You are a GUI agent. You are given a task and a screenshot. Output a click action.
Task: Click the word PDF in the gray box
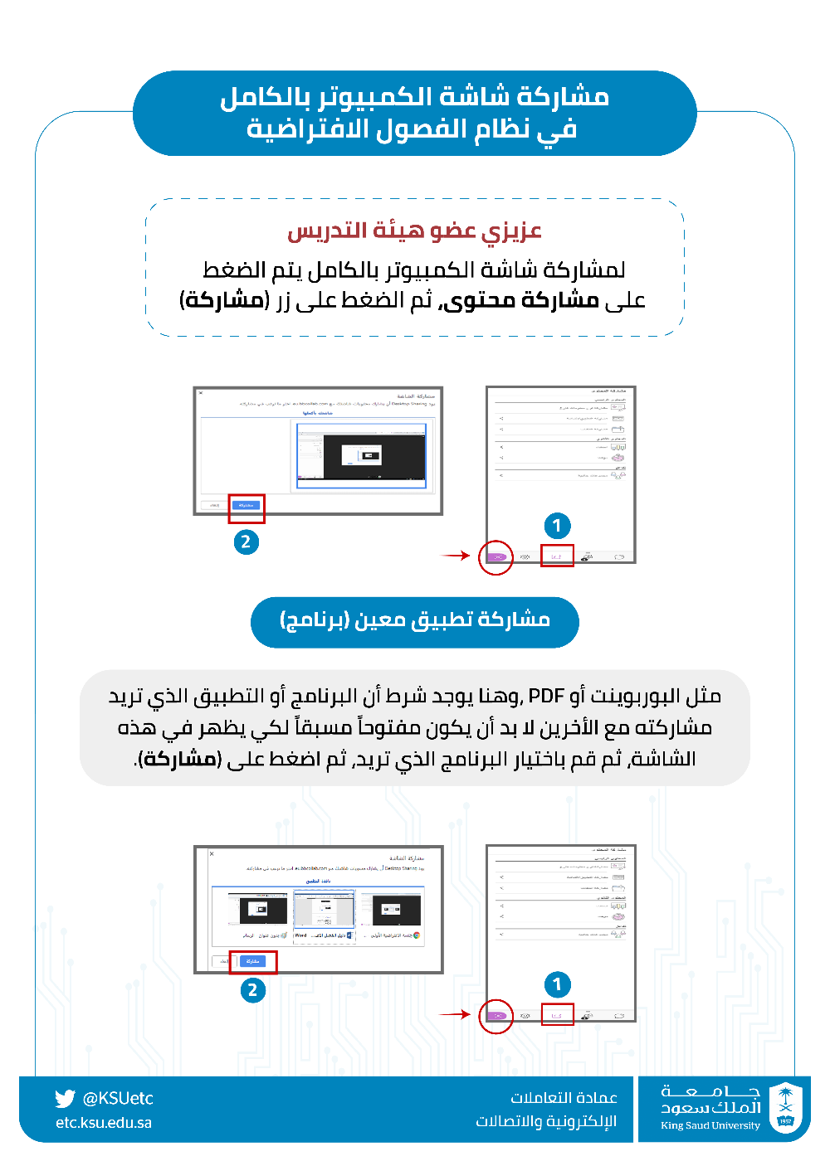pos(545,696)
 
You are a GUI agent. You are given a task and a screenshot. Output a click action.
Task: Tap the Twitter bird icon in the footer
pos(65,1099)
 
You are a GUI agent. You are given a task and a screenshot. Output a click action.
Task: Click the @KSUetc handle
pos(118,1099)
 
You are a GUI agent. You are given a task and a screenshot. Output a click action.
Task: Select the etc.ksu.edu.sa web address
pos(104,1123)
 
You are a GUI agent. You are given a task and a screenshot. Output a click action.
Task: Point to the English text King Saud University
pos(710,1125)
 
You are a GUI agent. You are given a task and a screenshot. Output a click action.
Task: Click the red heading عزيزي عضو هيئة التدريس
pos(414,231)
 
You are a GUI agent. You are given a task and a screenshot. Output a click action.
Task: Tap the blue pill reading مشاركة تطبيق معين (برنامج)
pos(414,621)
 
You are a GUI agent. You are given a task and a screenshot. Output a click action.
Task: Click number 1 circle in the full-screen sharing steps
pos(557,525)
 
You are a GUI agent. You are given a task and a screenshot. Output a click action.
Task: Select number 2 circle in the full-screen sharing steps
pos(246,542)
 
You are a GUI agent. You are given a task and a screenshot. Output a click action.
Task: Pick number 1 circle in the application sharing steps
pos(557,984)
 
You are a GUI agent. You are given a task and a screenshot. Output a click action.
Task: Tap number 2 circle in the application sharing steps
pos(252,990)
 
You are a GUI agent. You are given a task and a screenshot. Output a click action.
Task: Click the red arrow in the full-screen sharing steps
pos(456,556)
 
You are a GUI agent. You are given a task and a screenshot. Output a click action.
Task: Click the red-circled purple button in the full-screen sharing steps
pos(496,557)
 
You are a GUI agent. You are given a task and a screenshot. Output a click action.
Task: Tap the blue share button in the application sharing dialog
pos(252,961)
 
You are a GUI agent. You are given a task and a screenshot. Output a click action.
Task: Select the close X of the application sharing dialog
pos(212,853)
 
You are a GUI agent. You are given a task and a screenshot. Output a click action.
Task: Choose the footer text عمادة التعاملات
pos(564,1098)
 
